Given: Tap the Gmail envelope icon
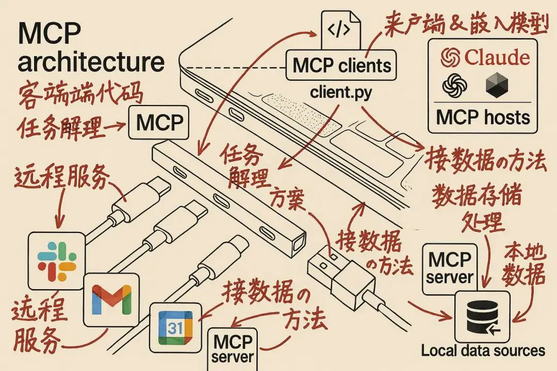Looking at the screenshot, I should (111, 299).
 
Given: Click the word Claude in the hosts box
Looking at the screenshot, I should (496, 57).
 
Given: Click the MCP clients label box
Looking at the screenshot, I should (342, 66).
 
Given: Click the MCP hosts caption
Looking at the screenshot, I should (483, 117).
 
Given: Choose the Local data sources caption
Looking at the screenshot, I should (483, 351).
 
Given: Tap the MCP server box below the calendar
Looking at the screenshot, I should (233, 348).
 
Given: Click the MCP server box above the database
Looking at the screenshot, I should (450, 268).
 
